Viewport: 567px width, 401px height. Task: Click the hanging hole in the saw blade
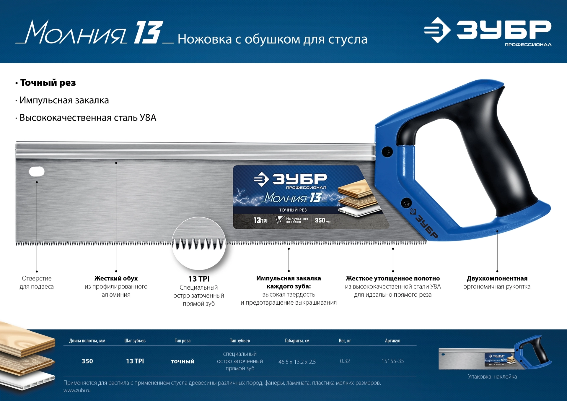37,171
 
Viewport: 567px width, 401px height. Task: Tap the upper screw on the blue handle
387,152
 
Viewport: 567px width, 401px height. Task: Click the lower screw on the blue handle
406,203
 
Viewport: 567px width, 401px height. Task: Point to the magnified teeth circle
199,243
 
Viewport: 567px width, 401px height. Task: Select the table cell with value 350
87,361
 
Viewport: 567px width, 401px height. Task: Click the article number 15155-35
392,361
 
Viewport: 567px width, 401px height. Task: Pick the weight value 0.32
345,361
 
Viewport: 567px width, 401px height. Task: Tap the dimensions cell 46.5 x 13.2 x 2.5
297,362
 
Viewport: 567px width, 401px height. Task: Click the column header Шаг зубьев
135,341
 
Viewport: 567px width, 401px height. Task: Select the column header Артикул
392,341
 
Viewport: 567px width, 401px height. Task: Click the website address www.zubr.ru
77,390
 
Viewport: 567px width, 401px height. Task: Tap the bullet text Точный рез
48,83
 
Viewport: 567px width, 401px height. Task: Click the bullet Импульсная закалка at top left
64,100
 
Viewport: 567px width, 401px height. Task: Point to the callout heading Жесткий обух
116,278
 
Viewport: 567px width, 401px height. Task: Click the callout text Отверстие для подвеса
37,283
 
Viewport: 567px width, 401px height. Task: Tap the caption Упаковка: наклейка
492,377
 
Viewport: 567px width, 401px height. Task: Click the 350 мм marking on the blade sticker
322,220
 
